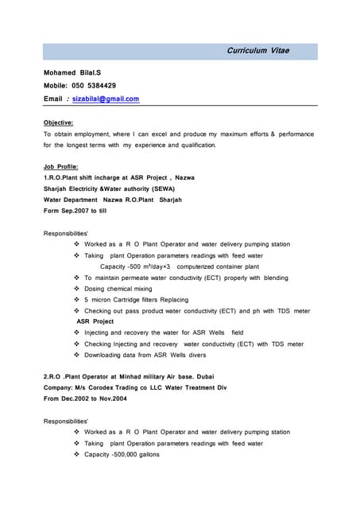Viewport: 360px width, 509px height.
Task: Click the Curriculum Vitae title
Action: point(258,51)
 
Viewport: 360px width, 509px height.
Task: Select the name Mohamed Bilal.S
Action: point(72,72)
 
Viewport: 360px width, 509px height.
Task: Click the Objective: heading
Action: point(58,122)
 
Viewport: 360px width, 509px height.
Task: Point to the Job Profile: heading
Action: point(61,166)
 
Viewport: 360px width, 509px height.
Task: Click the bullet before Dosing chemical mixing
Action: point(76,289)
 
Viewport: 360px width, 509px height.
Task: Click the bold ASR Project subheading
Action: point(95,321)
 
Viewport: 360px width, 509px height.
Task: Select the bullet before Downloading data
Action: point(76,355)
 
